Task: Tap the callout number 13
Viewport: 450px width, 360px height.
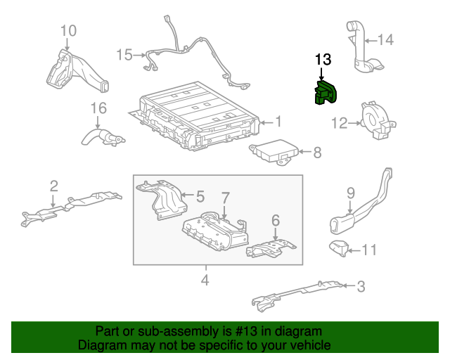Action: [x=322, y=60]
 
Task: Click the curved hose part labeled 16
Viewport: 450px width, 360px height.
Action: [x=98, y=135]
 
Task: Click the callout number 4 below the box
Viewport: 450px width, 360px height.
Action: [x=205, y=281]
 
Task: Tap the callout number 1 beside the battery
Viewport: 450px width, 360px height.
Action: [x=278, y=122]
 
